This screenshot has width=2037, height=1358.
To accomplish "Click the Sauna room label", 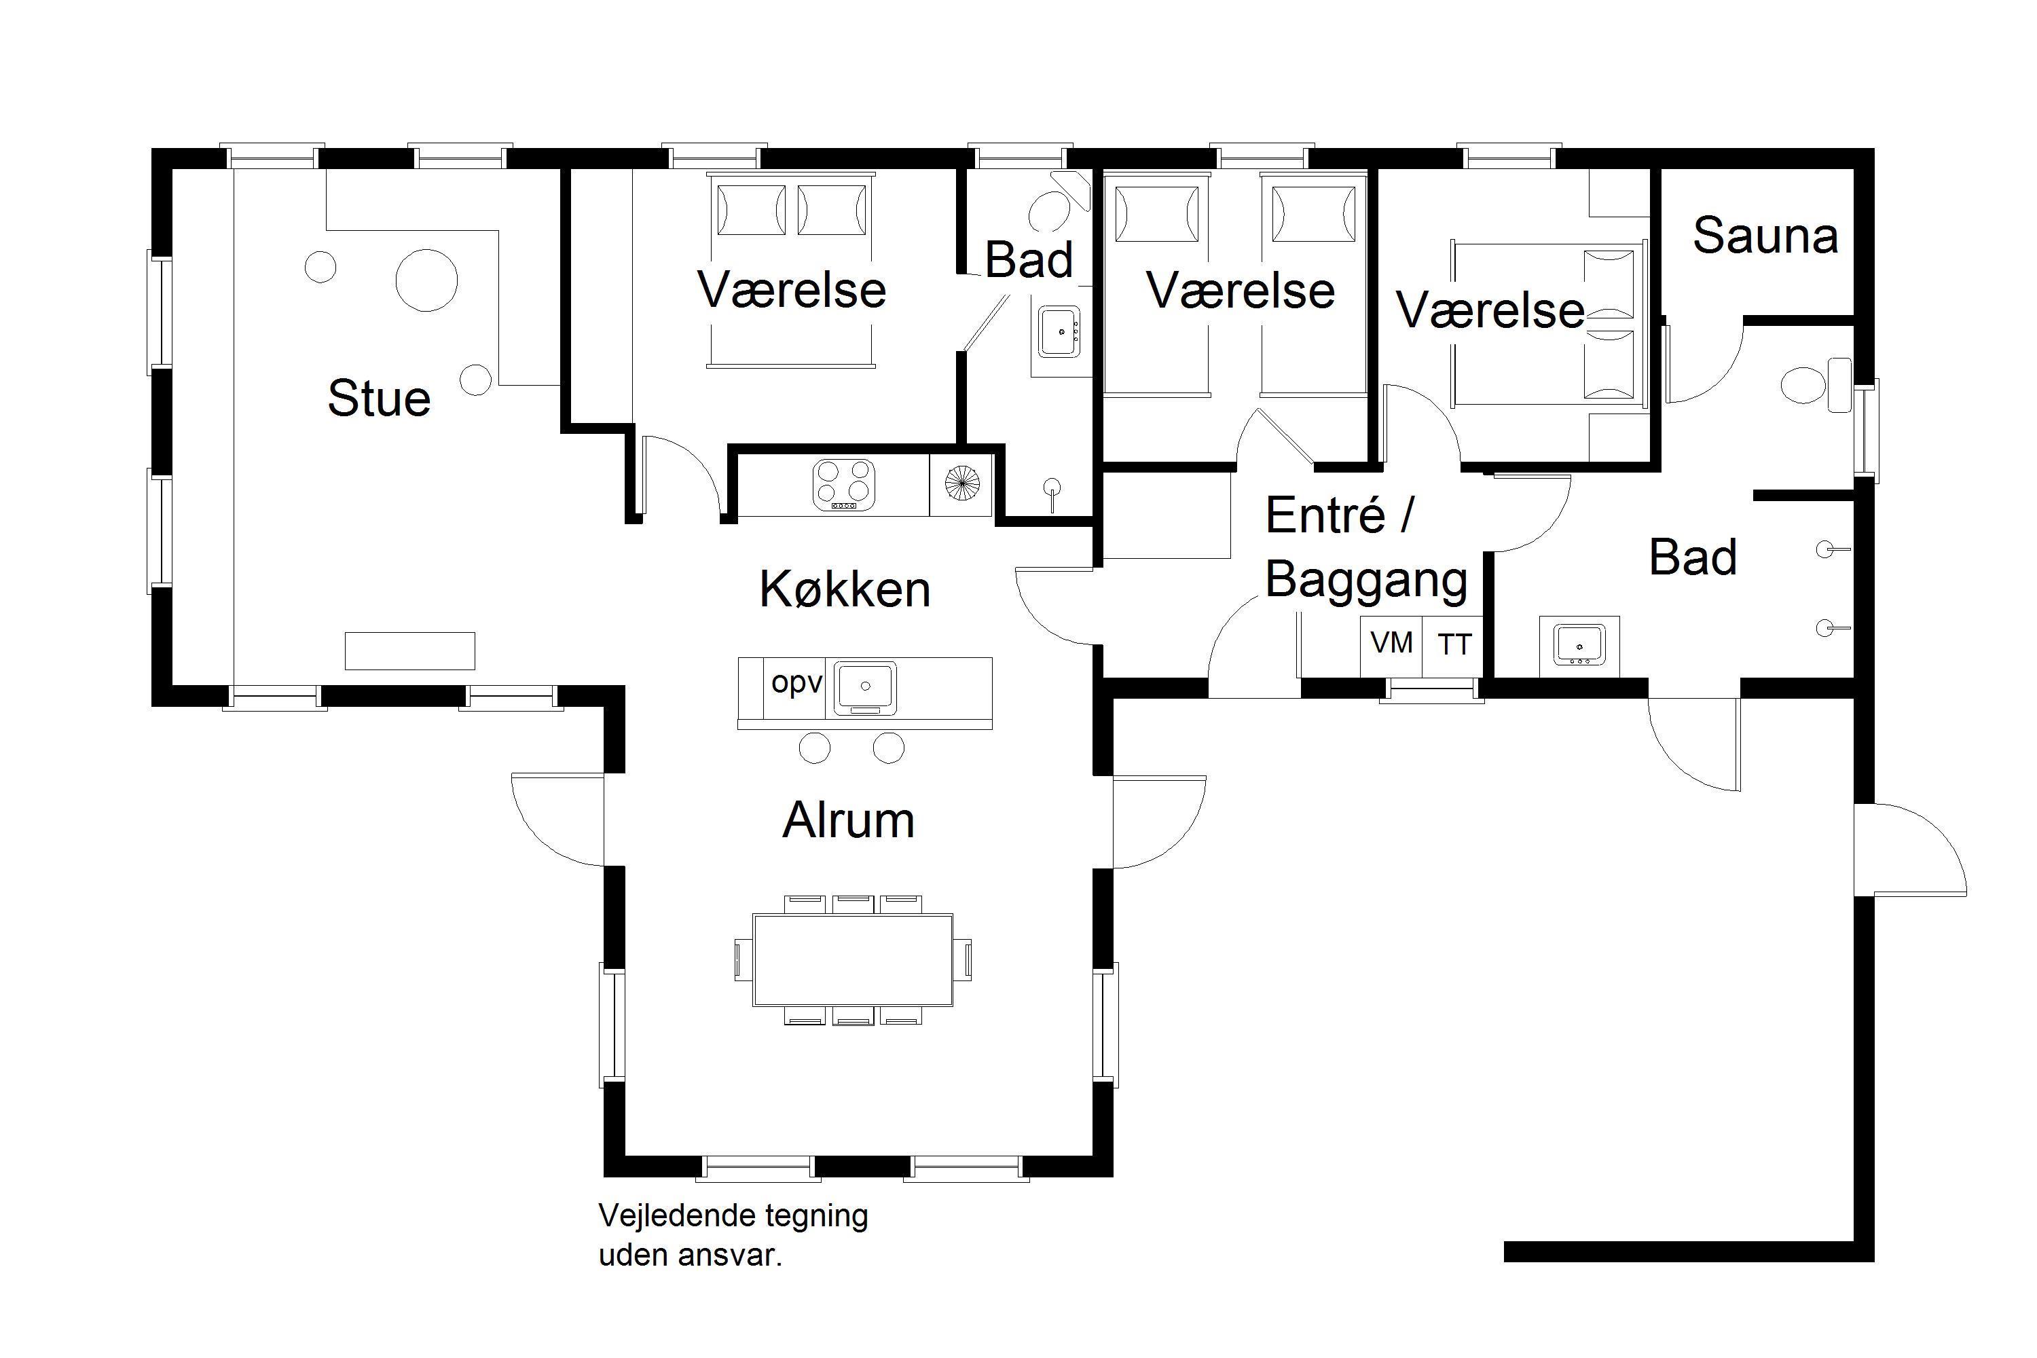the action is [x=1764, y=236].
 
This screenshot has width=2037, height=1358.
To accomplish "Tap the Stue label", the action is [x=380, y=399].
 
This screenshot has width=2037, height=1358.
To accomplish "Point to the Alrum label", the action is [x=848, y=820].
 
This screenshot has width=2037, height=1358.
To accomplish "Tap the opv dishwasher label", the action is [x=796, y=683].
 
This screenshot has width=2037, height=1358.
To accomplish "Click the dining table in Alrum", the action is [x=853, y=959].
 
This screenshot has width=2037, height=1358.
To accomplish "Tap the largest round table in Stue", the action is [x=426, y=280].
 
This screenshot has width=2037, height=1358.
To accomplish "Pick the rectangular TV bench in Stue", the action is [x=409, y=651].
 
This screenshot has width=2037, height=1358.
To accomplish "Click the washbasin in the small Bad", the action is [x=1060, y=331].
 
